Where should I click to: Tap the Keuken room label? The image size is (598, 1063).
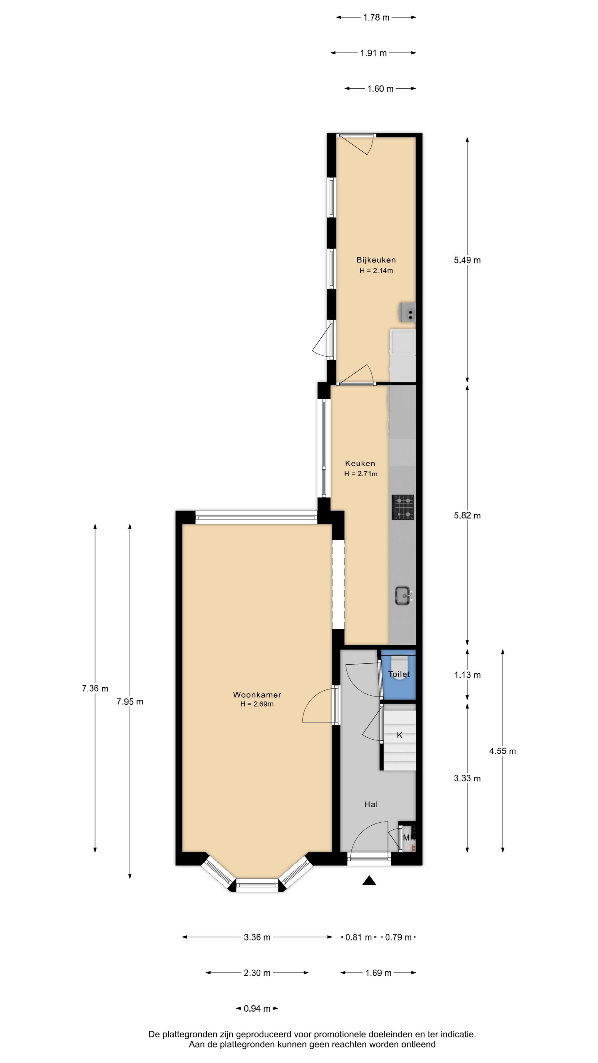(360, 464)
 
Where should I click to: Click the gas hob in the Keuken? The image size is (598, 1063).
(403, 507)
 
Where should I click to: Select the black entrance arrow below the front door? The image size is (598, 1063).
(369, 881)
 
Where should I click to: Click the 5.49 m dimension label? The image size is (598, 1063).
(467, 260)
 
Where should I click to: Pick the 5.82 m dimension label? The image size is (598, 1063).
(467, 515)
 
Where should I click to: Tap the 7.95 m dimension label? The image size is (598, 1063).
(130, 702)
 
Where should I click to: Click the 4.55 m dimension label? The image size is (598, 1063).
(502, 751)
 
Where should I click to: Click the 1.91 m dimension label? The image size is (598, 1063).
(374, 53)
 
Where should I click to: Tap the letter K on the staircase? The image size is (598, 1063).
(399, 735)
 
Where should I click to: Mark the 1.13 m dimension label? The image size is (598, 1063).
(467, 675)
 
